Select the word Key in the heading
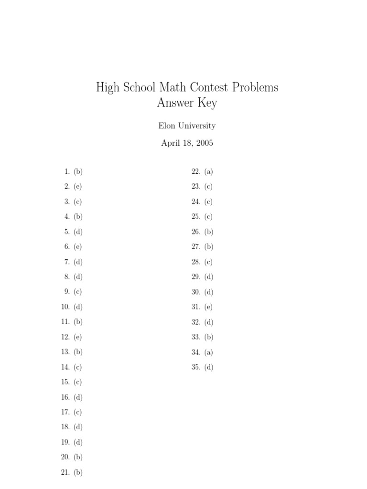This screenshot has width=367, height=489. pos(207,103)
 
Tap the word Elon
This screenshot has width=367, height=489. pos(166,126)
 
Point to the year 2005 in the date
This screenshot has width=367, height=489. pos(203,143)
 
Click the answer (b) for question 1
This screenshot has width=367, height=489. pos(78,171)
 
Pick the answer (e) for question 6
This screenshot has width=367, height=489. pos(78,247)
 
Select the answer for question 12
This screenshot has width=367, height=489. pos(78,337)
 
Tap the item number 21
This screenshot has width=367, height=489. pos(65,472)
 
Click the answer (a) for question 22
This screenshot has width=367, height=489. pos(208,171)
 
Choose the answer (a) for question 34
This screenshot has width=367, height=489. pos(208,352)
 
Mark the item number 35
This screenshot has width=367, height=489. pos(196,367)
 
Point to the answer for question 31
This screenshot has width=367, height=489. pos(208,307)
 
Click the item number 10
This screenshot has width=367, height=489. pos(65,307)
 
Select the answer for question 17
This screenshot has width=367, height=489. pos(78,412)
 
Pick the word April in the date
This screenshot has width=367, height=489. pos(171,143)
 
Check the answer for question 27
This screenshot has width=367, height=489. pos(208,247)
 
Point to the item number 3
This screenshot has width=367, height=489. pos(67,202)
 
